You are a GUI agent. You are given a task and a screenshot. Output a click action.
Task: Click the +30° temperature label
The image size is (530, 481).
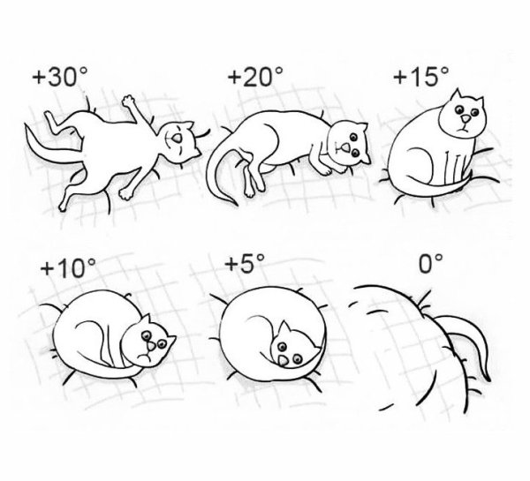pos(61,77)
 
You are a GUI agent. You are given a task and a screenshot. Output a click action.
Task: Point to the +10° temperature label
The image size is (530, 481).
pos(65,268)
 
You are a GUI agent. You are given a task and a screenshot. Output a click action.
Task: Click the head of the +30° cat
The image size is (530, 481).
pos(180,140)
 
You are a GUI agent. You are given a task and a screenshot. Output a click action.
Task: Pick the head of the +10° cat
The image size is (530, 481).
pos(151,343)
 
